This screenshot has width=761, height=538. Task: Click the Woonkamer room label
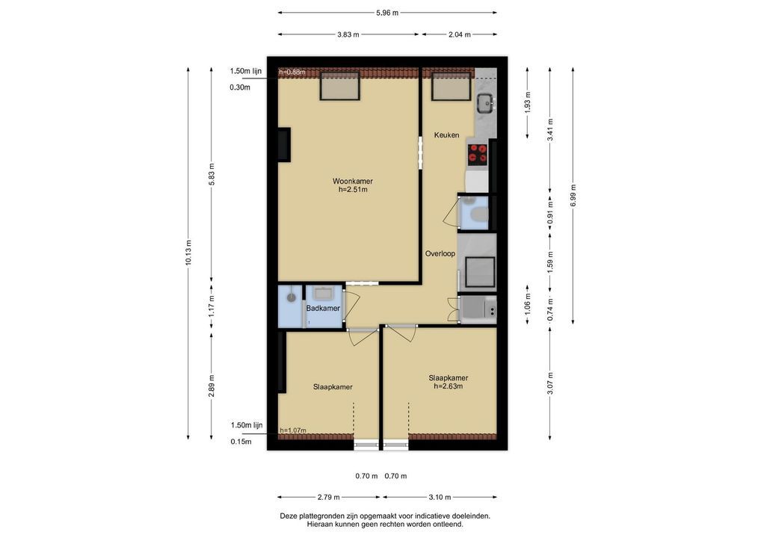coord(352,182)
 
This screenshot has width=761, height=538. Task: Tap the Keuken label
coord(446,134)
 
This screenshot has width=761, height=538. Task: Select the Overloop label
coord(440,253)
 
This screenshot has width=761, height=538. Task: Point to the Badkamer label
coord(323,308)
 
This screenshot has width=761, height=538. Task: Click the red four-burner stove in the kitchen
coord(477,153)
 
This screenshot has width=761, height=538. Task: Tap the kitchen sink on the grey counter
coord(485,102)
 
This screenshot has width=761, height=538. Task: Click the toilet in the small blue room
coord(480,214)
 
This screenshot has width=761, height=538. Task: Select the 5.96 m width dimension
coord(387,13)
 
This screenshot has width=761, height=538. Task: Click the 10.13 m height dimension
coord(188,253)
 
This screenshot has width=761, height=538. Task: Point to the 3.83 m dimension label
coord(348,34)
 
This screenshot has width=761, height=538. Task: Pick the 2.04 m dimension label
coord(459,34)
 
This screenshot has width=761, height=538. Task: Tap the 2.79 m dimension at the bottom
coord(329,497)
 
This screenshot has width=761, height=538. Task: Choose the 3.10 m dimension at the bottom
coord(440,497)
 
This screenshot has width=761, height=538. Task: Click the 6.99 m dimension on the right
coord(573,196)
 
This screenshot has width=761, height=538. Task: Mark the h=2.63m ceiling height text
coord(448,386)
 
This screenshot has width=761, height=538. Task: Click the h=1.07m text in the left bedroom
coord(293,430)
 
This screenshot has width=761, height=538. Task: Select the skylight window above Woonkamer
coord(339,87)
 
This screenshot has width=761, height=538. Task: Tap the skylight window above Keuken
coord(452,87)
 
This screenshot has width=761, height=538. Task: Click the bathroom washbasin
coord(323,293)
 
